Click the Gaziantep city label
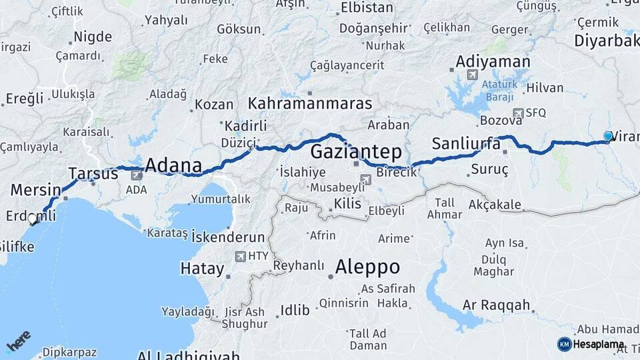click(356, 149)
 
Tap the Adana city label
click(173, 165)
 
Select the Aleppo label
click(367, 267)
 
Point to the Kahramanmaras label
click(310, 103)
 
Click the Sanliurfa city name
click(466, 143)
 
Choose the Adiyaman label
click(493, 63)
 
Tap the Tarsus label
click(93, 174)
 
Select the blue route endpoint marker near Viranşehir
click(608, 136)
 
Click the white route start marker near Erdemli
click(32, 219)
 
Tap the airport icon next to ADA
click(137, 175)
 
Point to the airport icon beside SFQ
click(518, 113)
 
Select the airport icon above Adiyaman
click(473, 75)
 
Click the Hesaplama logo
click(591, 344)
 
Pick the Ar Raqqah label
click(497, 306)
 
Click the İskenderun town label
click(228, 237)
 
